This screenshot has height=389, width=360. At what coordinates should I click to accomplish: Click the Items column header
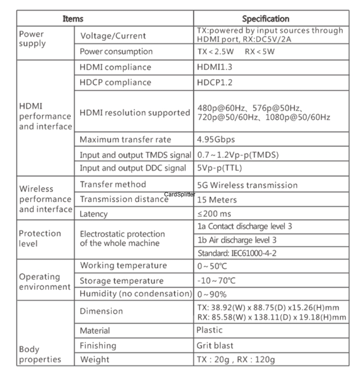click(x=73, y=19)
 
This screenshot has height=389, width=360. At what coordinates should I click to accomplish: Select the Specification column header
click(x=265, y=19)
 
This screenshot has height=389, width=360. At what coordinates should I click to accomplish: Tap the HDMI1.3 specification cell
click(x=215, y=67)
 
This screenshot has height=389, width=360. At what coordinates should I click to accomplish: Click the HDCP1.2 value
click(x=215, y=82)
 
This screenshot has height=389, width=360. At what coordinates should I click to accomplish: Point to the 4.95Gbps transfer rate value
click(x=216, y=140)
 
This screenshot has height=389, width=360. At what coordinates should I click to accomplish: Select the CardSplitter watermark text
click(x=180, y=194)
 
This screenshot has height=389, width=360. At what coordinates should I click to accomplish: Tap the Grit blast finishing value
click(x=215, y=345)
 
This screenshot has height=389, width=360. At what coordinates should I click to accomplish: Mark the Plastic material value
click(x=210, y=330)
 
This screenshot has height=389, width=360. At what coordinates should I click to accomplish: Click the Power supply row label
click(x=32, y=39)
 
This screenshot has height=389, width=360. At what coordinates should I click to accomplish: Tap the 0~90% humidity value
click(x=212, y=294)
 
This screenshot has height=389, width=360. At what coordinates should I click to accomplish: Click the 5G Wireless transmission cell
click(x=248, y=185)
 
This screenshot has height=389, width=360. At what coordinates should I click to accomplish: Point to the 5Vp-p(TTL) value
click(x=219, y=168)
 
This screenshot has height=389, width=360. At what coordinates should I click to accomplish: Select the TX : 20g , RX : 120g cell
click(x=236, y=359)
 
